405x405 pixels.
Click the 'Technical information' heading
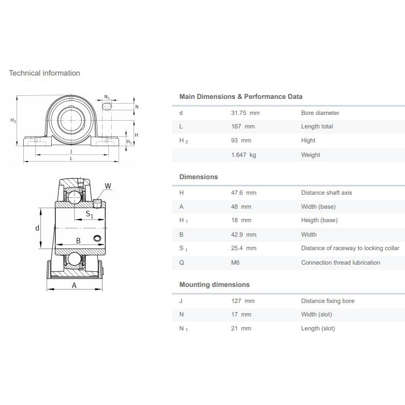point(45,73)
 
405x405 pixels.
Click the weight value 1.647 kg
point(243,155)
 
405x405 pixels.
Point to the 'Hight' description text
point(308,140)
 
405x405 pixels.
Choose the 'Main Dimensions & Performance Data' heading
point(241,96)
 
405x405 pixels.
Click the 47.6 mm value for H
point(243,193)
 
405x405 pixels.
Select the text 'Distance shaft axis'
point(326,193)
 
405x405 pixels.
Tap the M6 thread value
point(235,263)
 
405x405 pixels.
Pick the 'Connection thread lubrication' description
point(340,263)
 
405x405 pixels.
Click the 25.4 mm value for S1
point(243,248)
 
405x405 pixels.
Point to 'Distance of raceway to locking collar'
point(350,248)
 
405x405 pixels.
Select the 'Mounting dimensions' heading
point(214,284)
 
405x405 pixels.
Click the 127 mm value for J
point(242,301)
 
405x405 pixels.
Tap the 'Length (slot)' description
point(318,328)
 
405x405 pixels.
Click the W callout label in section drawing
point(108,186)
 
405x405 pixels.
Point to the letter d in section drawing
point(37,228)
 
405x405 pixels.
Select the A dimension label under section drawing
point(74,285)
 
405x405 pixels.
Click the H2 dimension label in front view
point(13,121)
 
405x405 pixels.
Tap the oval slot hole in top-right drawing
point(107,106)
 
